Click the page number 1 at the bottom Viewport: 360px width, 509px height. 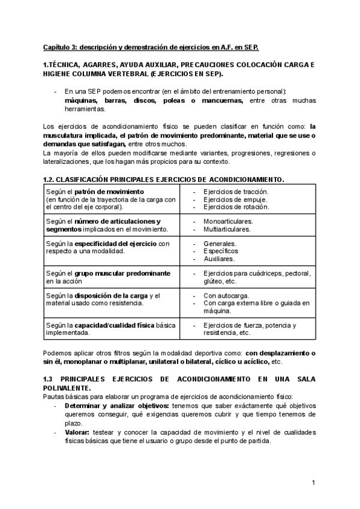click(x=313, y=482)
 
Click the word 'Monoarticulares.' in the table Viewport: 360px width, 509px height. click(x=228, y=221)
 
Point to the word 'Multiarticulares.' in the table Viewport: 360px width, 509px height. click(x=227, y=229)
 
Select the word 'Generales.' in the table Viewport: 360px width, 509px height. click(x=220, y=244)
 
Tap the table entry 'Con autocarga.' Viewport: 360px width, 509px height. click(x=226, y=295)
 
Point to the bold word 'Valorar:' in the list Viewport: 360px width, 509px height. click(x=77, y=432)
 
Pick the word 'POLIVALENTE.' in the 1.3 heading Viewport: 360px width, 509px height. click(x=67, y=388)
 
